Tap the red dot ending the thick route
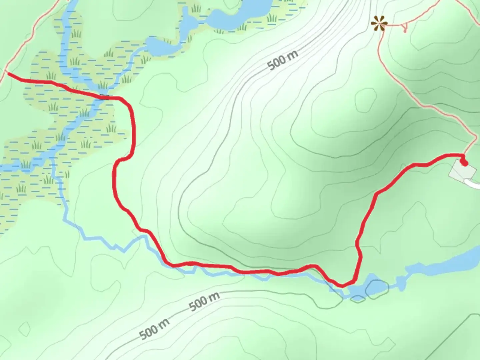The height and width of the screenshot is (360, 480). [x=463, y=163]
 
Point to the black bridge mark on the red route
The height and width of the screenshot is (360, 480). [x=105, y=97]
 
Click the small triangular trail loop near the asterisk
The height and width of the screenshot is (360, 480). [x=404, y=27]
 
